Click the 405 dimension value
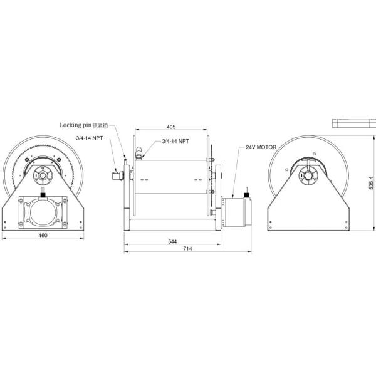coord(171,127)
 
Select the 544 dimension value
coord(172,241)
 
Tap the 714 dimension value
coord(187,249)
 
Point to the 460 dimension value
coord(43,235)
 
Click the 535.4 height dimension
coord(371,183)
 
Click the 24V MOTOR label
coord(261,147)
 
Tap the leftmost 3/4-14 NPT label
coord(89,138)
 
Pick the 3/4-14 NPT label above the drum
coord(175,141)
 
